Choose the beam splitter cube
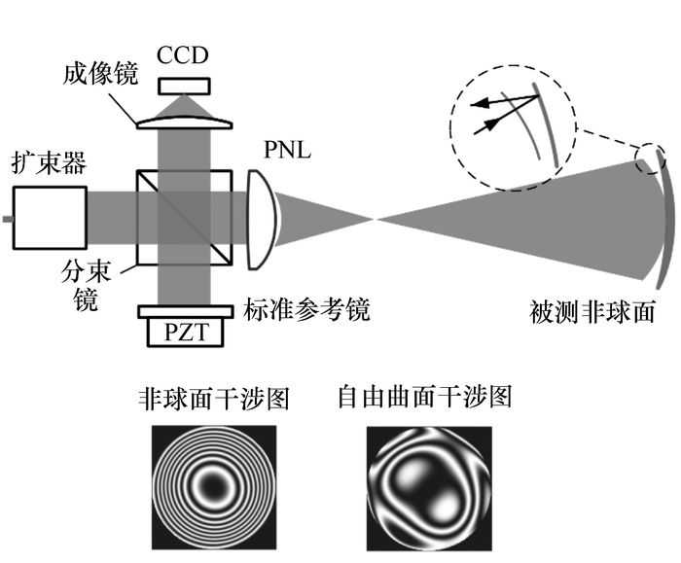(x=185, y=218)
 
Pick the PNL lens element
(x=259, y=219)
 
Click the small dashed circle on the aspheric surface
(x=650, y=158)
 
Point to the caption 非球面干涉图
(x=213, y=400)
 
